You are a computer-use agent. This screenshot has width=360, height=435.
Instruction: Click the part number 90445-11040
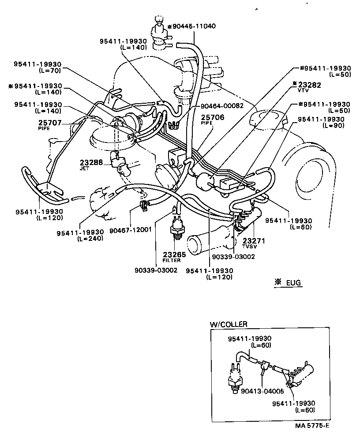(x=195, y=26)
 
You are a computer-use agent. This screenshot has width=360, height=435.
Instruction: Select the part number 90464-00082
(x=219, y=106)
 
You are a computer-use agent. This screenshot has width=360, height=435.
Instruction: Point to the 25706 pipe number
(x=213, y=118)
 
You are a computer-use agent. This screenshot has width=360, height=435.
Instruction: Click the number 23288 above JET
(x=91, y=162)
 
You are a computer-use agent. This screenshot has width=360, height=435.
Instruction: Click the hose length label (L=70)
(x=49, y=70)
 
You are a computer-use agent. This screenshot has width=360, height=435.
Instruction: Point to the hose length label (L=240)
(x=90, y=238)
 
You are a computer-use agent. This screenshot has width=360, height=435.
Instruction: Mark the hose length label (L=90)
(x=324, y=126)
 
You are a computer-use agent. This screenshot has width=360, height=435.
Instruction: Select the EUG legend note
(x=289, y=281)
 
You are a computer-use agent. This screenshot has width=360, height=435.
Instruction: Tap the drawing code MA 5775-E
(x=312, y=426)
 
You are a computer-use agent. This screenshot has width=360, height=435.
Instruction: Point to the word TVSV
(x=249, y=248)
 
